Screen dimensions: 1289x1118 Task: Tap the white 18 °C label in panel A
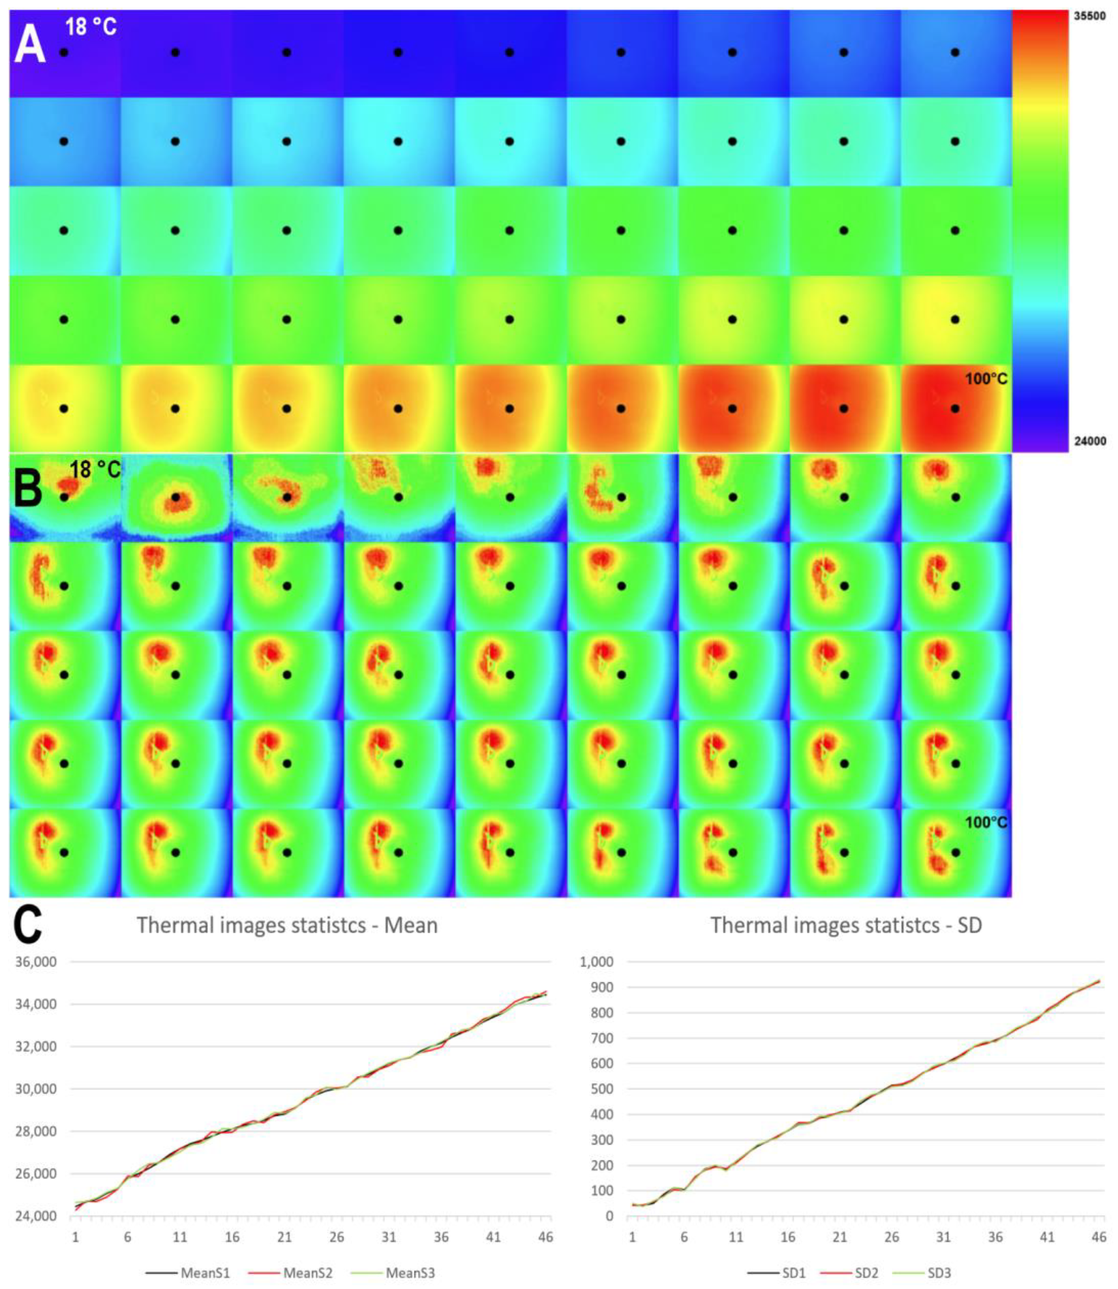[91, 27]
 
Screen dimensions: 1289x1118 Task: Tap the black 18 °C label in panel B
[95, 470]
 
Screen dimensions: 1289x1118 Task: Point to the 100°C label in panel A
[986, 378]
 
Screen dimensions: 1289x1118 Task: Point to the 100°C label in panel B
[986, 823]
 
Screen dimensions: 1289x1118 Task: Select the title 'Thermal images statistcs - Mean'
[287, 925]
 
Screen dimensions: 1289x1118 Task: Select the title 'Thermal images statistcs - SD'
[846, 925]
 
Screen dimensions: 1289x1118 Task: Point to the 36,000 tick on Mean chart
[36, 962]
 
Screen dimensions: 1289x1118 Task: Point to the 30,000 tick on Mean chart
[36, 1089]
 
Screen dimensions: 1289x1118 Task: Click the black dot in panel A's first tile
[64, 52]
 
